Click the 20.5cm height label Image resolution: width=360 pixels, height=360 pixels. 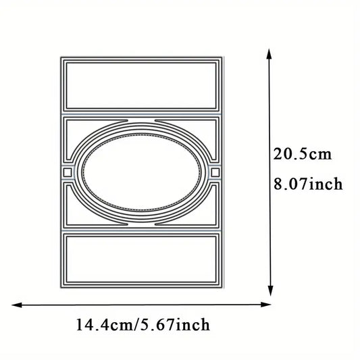(x=302, y=154)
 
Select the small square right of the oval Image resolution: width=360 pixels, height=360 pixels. (x=214, y=173)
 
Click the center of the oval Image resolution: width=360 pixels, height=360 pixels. (x=140, y=173)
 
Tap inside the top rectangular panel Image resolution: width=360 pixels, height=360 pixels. (x=140, y=84)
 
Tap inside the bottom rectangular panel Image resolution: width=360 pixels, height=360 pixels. (x=140, y=261)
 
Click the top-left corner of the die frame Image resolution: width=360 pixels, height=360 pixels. (x=60, y=59)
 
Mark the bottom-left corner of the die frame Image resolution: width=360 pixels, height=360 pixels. (x=60, y=288)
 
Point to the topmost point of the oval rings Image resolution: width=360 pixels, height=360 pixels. (x=140, y=124)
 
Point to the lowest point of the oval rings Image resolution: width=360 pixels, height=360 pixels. (x=140, y=223)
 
